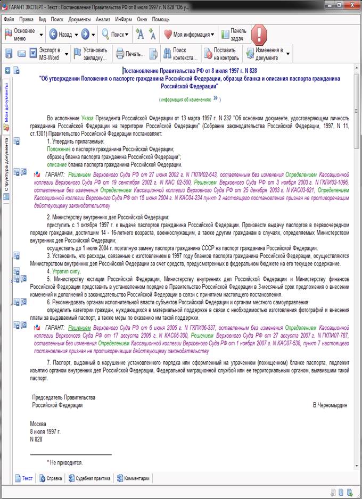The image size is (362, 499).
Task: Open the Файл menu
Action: coord(9,19)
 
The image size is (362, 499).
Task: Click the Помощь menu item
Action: coord(161,19)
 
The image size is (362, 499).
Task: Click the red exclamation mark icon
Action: coord(259,35)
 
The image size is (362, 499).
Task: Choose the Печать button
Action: coord(130,54)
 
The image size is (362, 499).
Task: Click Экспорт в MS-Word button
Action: coord(43,54)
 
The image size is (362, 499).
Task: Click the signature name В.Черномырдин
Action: coord(330,405)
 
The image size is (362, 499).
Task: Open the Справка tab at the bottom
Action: coord(50,478)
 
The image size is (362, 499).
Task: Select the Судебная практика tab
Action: coord(89,478)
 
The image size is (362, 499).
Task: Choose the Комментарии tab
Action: coord(133,478)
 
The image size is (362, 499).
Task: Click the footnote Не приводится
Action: coord(66,463)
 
